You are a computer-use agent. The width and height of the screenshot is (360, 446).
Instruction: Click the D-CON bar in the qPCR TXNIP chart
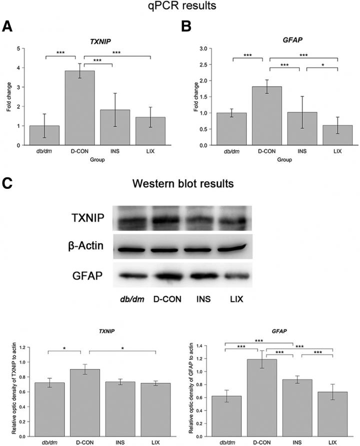79,108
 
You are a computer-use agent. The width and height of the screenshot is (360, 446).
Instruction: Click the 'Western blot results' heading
180,183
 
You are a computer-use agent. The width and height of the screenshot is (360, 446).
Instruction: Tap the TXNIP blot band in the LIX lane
234,220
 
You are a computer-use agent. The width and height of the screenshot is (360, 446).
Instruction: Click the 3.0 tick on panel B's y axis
202,48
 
